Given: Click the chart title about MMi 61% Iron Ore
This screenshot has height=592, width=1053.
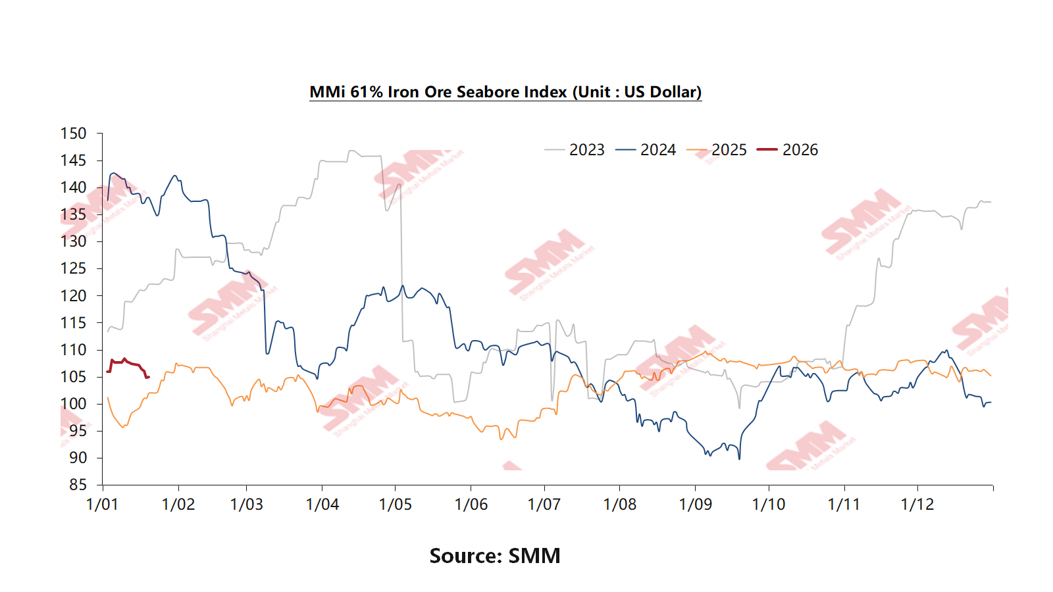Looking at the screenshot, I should pyautogui.click(x=505, y=92).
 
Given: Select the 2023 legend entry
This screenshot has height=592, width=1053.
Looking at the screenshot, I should pyautogui.click(x=586, y=150).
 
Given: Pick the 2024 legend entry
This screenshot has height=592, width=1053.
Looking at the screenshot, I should pyautogui.click(x=657, y=150).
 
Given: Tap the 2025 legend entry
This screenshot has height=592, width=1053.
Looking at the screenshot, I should pyautogui.click(x=729, y=150).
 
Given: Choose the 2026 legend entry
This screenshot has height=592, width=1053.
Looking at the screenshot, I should pyautogui.click(x=800, y=150).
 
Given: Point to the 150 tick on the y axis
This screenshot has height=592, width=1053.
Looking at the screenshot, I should pyautogui.click(x=73, y=134).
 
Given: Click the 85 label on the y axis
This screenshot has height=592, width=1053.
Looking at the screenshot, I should pyautogui.click(x=78, y=485).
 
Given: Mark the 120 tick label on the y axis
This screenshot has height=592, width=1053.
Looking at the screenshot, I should pyautogui.click(x=73, y=296).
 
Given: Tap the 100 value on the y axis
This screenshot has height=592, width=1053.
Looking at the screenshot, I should pyautogui.click(x=73, y=404).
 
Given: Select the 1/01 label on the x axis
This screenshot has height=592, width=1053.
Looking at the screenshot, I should pyautogui.click(x=103, y=505).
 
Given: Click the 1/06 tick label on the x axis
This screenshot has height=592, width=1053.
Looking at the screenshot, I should pyautogui.click(x=471, y=505).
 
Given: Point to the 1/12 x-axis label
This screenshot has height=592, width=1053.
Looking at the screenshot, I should pyautogui.click(x=917, y=505).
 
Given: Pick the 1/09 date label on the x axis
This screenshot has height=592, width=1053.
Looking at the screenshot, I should pyautogui.click(x=696, y=505).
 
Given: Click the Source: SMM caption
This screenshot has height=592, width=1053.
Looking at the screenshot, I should pyautogui.click(x=495, y=556).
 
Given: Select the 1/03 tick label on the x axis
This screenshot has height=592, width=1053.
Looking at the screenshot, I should pyautogui.click(x=247, y=505).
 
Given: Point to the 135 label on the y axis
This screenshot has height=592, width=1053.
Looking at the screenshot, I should pyautogui.click(x=73, y=214).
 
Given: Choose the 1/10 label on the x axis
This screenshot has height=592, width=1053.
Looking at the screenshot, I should pyautogui.click(x=769, y=505).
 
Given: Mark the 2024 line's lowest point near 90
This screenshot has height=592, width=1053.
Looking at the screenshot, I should pyautogui.click(x=739, y=458).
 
